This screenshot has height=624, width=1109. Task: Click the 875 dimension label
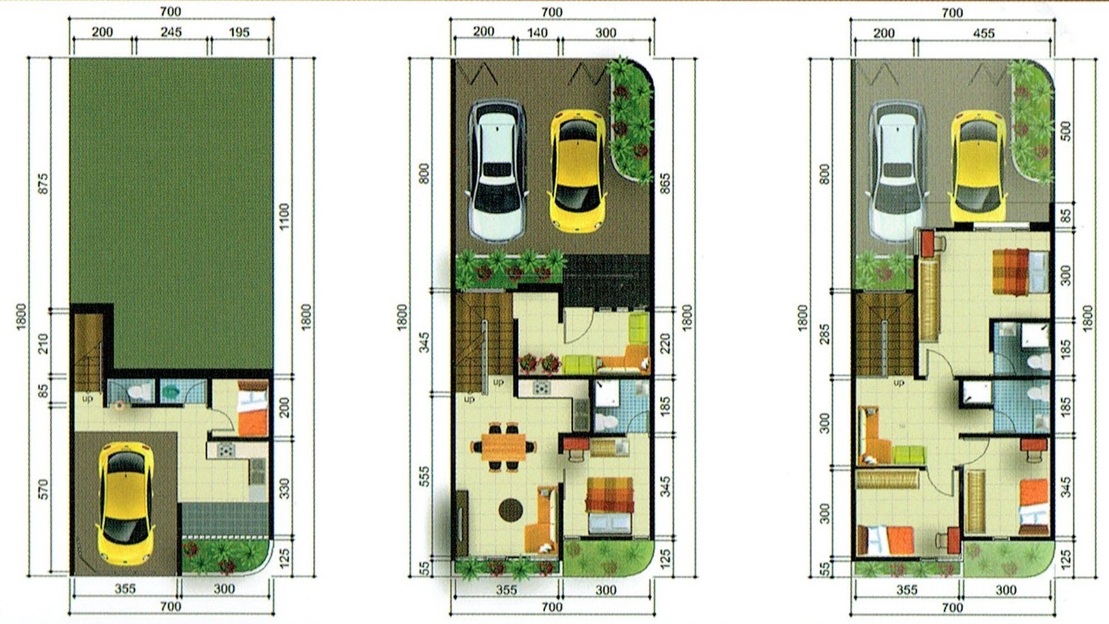[43, 184]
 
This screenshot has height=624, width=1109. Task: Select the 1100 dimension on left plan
[284, 216]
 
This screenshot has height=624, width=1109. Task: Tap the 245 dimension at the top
[171, 32]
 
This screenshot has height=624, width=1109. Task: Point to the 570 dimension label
[43, 490]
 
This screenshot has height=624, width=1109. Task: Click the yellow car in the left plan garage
[126, 504]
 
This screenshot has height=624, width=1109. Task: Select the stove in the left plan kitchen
[226, 451]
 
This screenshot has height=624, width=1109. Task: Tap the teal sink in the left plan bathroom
[171, 392]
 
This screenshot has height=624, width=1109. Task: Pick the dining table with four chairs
[504, 447]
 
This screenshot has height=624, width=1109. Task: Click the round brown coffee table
[511, 509]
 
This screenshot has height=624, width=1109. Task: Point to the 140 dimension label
[537, 33]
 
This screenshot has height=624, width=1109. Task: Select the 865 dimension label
[665, 184]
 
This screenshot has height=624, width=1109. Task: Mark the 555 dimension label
[424, 477]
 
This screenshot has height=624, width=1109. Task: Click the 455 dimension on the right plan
[983, 33]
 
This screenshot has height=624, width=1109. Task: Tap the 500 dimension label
[1066, 131]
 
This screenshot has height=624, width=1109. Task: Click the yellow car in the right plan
[978, 167]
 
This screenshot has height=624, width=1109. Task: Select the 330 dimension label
[284, 489]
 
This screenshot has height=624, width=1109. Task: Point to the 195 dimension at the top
[239, 32]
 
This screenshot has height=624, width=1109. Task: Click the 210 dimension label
[43, 344]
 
